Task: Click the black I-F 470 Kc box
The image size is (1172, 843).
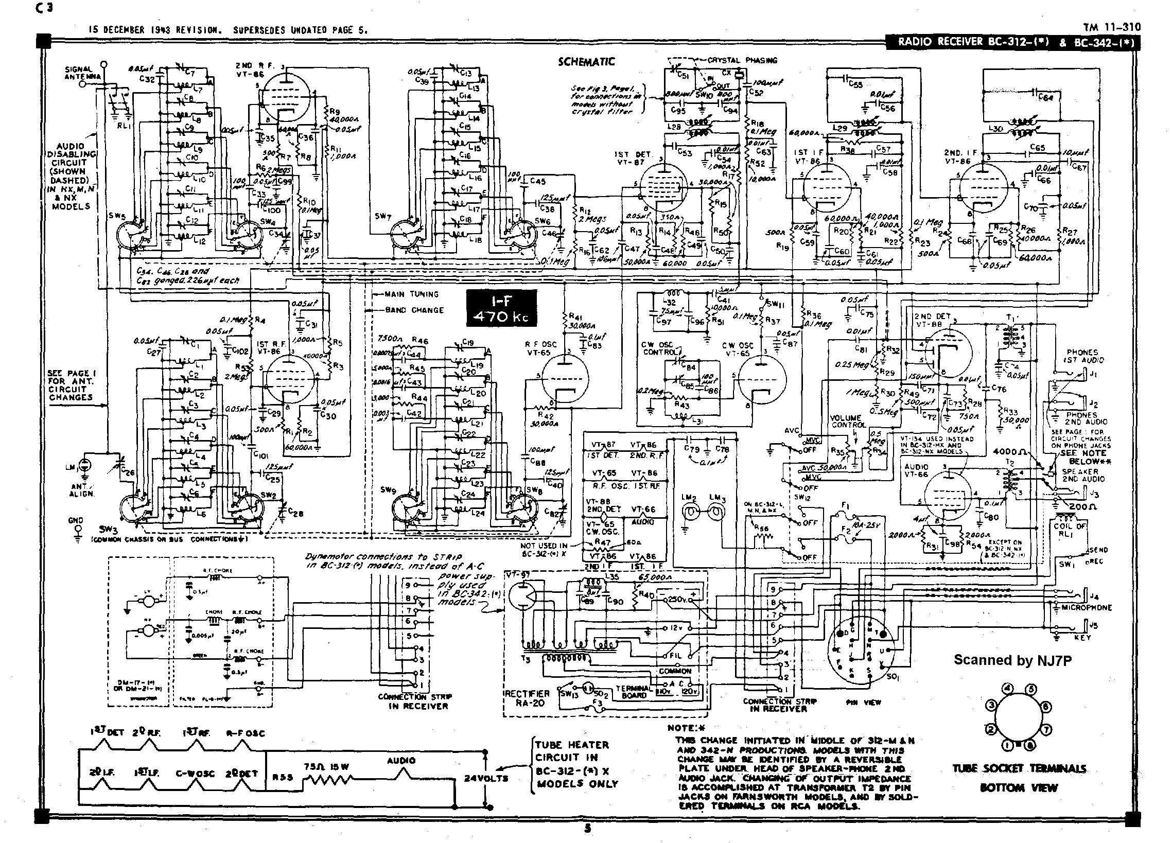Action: tap(501, 308)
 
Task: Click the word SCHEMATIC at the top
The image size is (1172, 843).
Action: tap(586, 62)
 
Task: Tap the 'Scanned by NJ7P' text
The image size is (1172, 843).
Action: tap(1012, 660)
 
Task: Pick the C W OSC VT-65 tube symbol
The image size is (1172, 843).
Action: tap(762, 380)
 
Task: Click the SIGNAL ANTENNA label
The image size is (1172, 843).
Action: tap(79, 73)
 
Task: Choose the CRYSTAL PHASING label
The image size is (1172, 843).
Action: tap(742, 60)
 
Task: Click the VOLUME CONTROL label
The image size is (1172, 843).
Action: tap(846, 421)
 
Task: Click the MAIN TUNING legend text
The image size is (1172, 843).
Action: tap(411, 294)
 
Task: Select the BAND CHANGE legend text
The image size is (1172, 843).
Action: tap(414, 310)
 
